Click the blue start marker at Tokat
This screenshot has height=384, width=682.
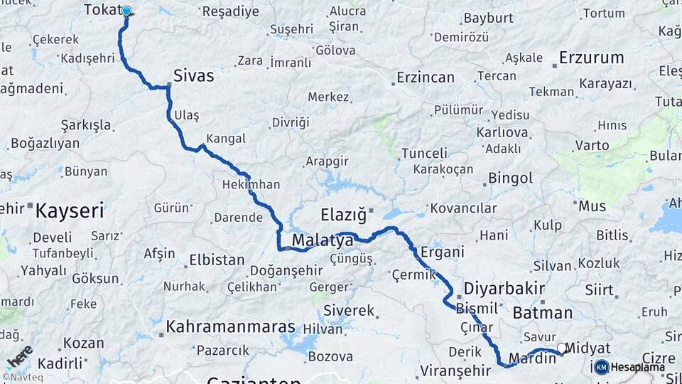tap(126, 11)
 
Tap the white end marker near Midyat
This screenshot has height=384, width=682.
tap(562, 348)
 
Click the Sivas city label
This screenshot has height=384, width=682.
tap(193, 75)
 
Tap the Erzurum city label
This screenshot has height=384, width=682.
tap(591, 58)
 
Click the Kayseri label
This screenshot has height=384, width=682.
tap(70, 210)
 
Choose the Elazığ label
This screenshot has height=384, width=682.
tap(342, 214)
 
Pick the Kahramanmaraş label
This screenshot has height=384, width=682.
tap(230, 327)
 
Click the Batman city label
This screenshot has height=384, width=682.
tap(542, 313)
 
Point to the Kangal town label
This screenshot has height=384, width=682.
tap(226, 138)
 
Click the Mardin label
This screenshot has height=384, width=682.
tap(531, 358)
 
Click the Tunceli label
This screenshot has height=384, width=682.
tap(424, 153)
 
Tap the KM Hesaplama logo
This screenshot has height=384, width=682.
tap(628, 367)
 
